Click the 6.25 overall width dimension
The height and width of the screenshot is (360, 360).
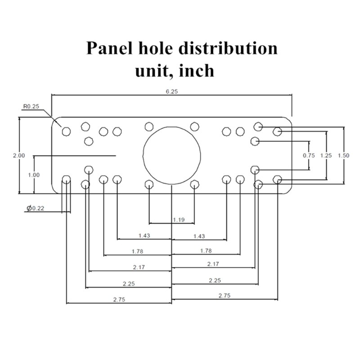[x=171, y=91]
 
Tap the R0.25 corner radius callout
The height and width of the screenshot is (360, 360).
[x=31, y=107]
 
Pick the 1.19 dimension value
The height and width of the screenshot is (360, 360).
[x=178, y=220]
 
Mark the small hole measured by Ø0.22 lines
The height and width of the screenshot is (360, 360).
[x=67, y=180]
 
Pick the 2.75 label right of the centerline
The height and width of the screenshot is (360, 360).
[x=224, y=296]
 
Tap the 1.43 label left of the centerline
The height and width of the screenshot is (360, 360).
[x=144, y=235]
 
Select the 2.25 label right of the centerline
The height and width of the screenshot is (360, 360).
[x=215, y=280]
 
